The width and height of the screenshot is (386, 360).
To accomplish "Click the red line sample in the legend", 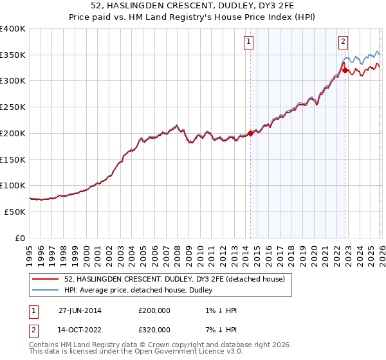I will pos(46,279).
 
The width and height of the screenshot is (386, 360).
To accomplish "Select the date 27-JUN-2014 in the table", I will pos(80,310).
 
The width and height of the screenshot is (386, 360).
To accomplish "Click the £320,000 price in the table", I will pos(154,330).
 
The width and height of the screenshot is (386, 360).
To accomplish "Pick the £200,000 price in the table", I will pos(154,310).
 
